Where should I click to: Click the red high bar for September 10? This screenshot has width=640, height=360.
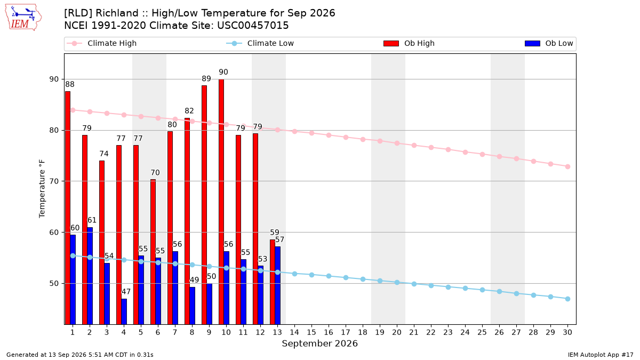pyautogui.click(x=221, y=202)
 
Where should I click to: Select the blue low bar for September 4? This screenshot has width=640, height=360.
pyautogui.click(x=124, y=311)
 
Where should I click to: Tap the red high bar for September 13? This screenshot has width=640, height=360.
pyautogui.click(x=273, y=282)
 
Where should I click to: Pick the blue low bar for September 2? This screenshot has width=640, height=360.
pyautogui.click(x=90, y=276)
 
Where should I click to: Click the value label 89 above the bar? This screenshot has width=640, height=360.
pyautogui.click(x=206, y=78)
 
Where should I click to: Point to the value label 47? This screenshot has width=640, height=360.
pyautogui.click(x=126, y=291)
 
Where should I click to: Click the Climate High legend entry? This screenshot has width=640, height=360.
pyautogui.click(x=101, y=43)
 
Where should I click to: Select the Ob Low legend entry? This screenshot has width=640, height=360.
pyautogui.click(x=549, y=43)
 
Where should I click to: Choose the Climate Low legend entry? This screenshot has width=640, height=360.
pyautogui.click(x=260, y=43)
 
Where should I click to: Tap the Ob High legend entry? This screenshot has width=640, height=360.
pyautogui.click(x=409, y=43)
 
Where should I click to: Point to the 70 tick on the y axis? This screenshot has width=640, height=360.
pyautogui.click(x=54, y=181)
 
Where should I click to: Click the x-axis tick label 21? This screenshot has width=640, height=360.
pyautogui.click(x=414, y=332)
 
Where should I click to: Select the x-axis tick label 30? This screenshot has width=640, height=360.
pyautogui.click(x=567, y=332)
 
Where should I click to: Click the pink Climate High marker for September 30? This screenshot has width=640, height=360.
pyautogui.click(x=567, y=166)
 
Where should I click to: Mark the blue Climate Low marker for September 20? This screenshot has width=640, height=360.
pyautogui.click(x=397, y=282)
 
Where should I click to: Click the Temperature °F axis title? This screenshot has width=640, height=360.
pyautogui.click(x=42, y=189)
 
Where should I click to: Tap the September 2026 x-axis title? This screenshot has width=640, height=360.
pyautogui.click(x=319, y=343)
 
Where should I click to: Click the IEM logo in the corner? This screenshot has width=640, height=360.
pyautogui.click(x=23, y=18)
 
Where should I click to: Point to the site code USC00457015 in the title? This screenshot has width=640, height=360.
pyautogui.click(x=253, y=26)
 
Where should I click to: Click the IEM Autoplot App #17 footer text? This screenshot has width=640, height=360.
pyautogui.click(x=601, y=355)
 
